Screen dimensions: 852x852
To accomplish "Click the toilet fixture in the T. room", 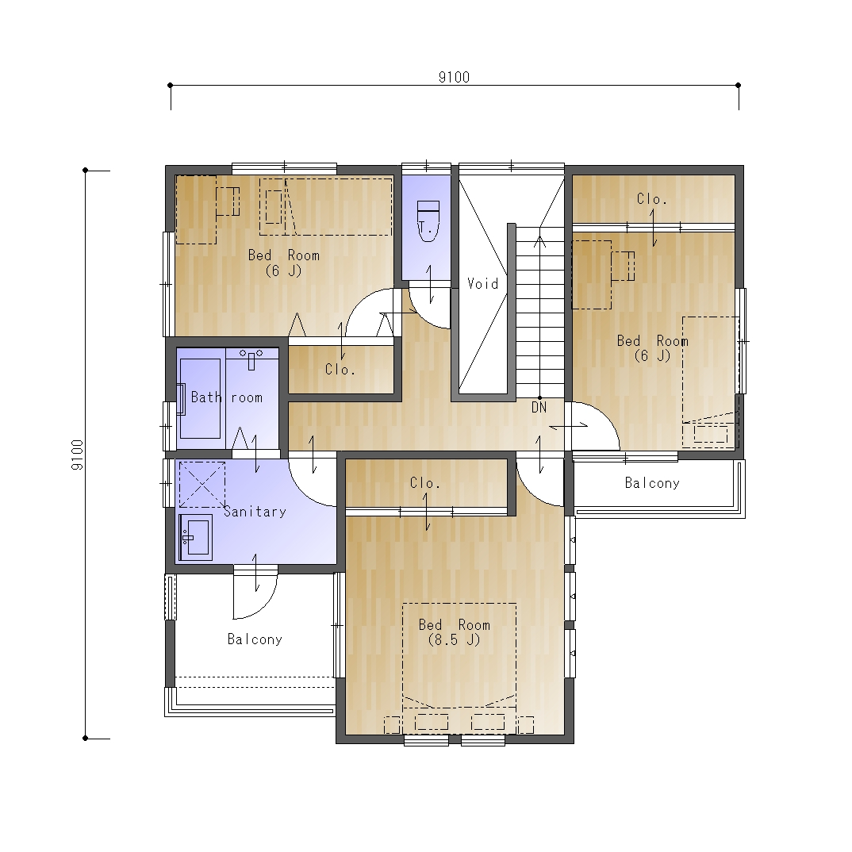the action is tap(428, 221).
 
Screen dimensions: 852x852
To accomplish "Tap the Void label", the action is tap(482, 284).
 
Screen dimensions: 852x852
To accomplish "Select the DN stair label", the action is tap(539, 407).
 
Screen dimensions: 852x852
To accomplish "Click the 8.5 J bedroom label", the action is tap(455, 632).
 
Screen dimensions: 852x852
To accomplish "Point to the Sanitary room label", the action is tap(255, 512).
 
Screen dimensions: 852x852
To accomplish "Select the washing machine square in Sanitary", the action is tap(202, 485).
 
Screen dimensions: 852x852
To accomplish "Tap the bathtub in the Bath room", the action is tap(200, 397).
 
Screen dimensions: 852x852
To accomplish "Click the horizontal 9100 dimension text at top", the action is tap(455, 77).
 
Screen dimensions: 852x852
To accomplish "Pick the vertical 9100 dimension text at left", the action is tap(77, 455).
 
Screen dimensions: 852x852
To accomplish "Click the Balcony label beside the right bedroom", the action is tap(652, 483).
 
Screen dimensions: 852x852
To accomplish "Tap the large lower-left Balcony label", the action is tap(255, 639).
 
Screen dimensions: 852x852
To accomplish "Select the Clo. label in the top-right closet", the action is tap(652, 199).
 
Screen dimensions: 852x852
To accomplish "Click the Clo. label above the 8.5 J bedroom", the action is tap(425, 483).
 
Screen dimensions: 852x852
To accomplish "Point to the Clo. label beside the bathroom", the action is tap(340, 370).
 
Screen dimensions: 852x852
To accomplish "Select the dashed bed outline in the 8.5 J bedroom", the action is tap(459, 655).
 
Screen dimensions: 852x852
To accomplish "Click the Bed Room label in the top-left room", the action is tap(284, 263).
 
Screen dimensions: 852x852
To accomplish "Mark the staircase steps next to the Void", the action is tap(540, 313).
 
